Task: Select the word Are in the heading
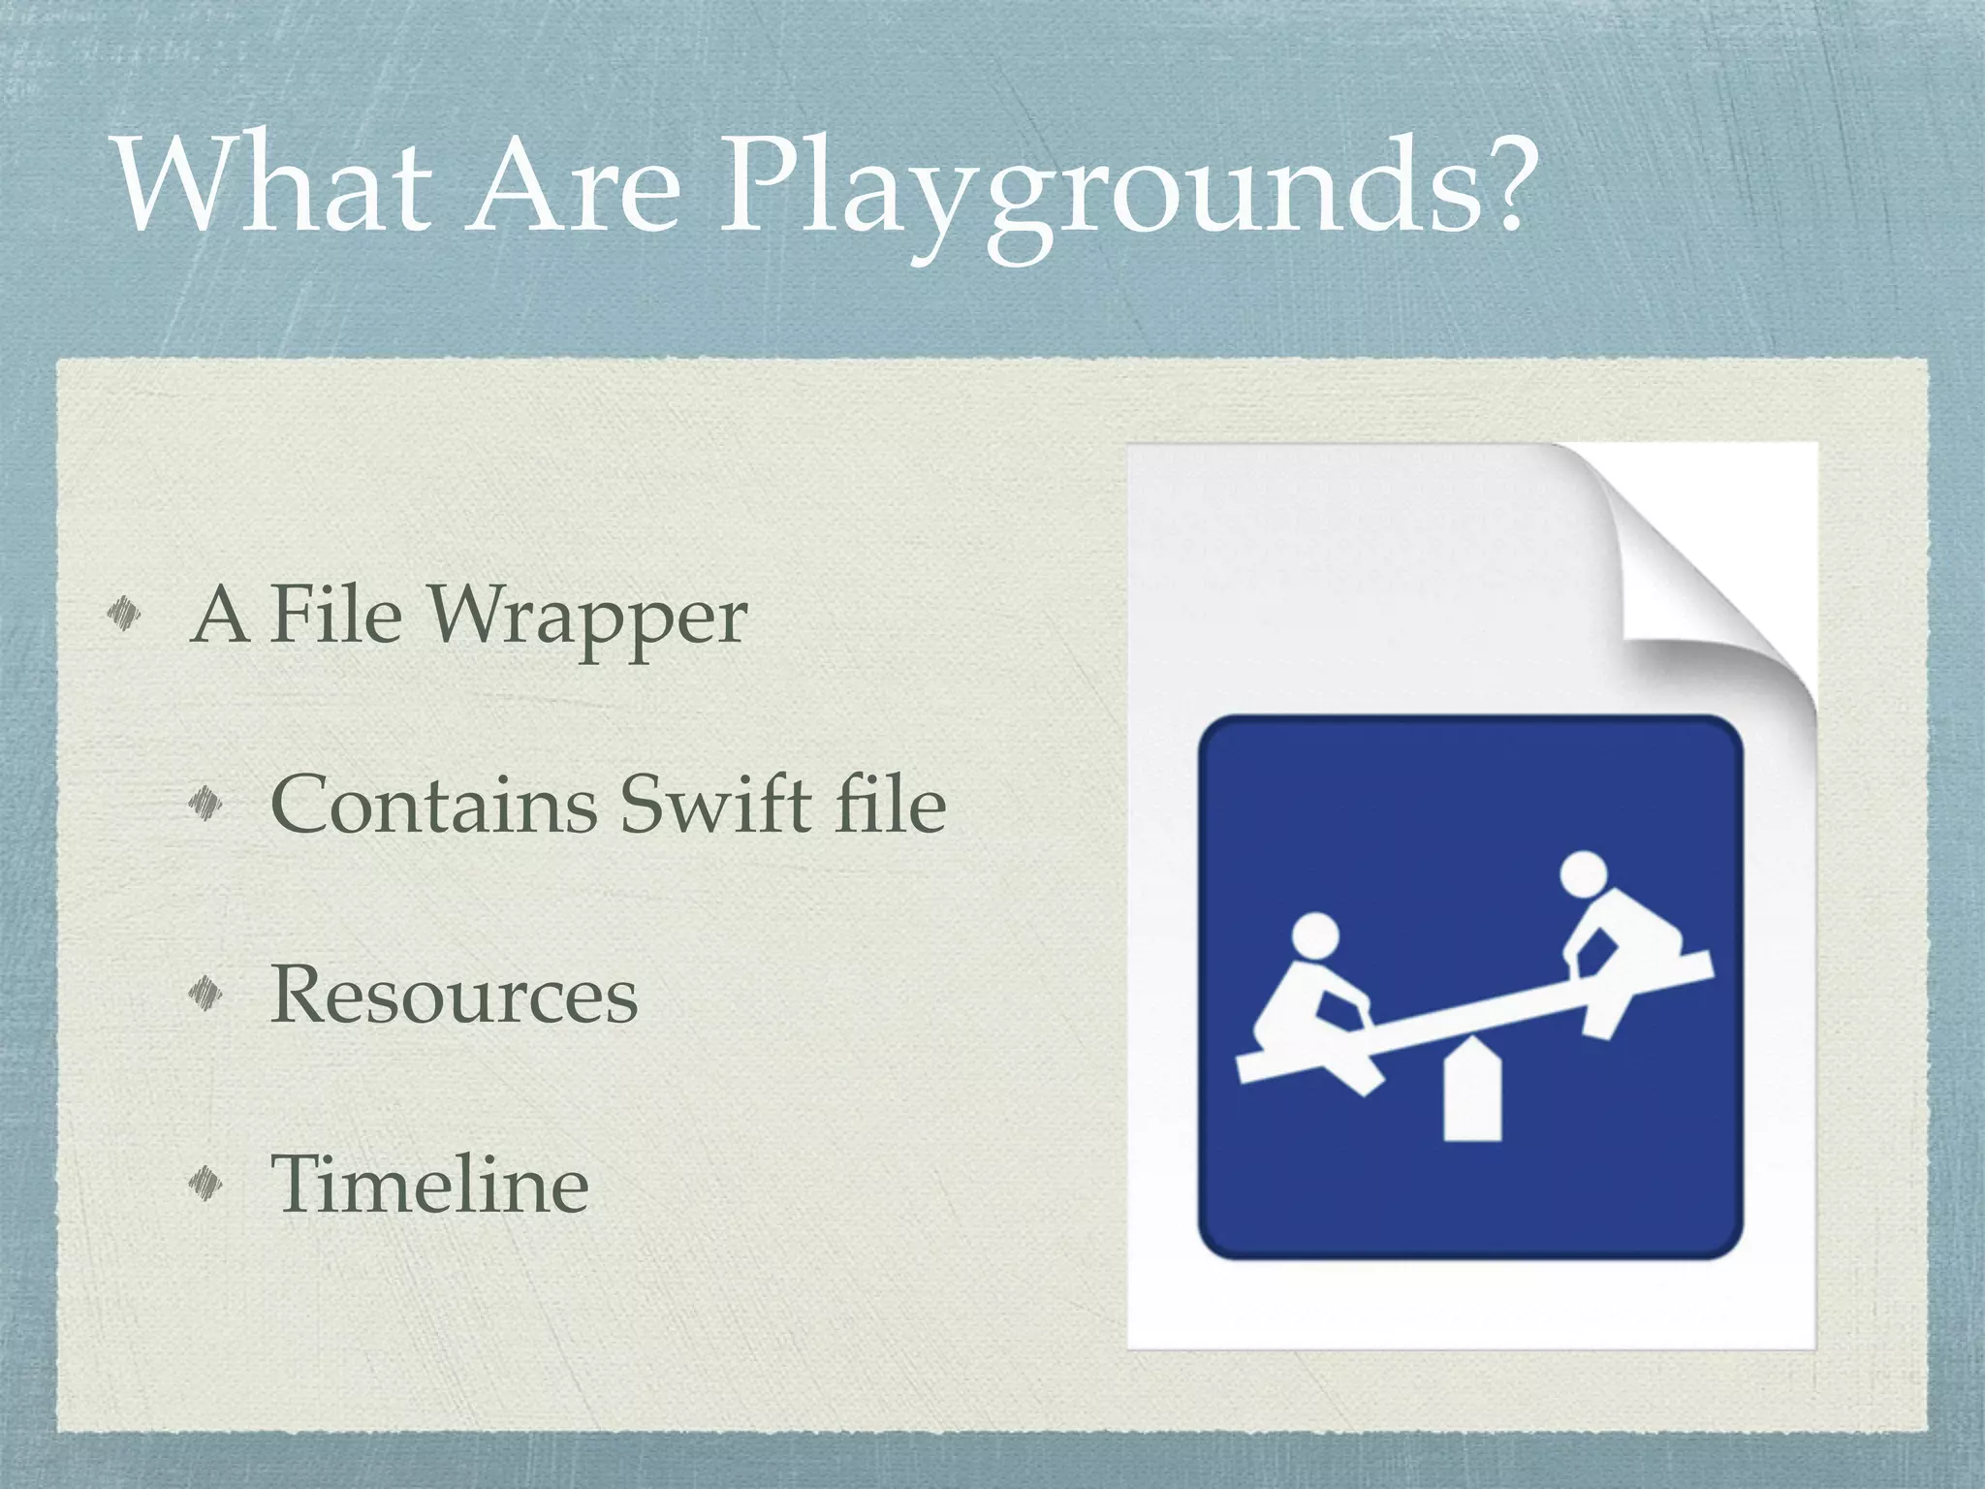point(572,184)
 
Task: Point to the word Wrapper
point(588,617)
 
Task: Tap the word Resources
point(454,994)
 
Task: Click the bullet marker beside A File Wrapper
point(125,613)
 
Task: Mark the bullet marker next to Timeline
point(206,1181)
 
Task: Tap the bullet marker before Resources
point(206,991)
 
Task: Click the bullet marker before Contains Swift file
point(206,802)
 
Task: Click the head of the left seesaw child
point(1315,937)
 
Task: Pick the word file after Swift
point(890,804)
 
